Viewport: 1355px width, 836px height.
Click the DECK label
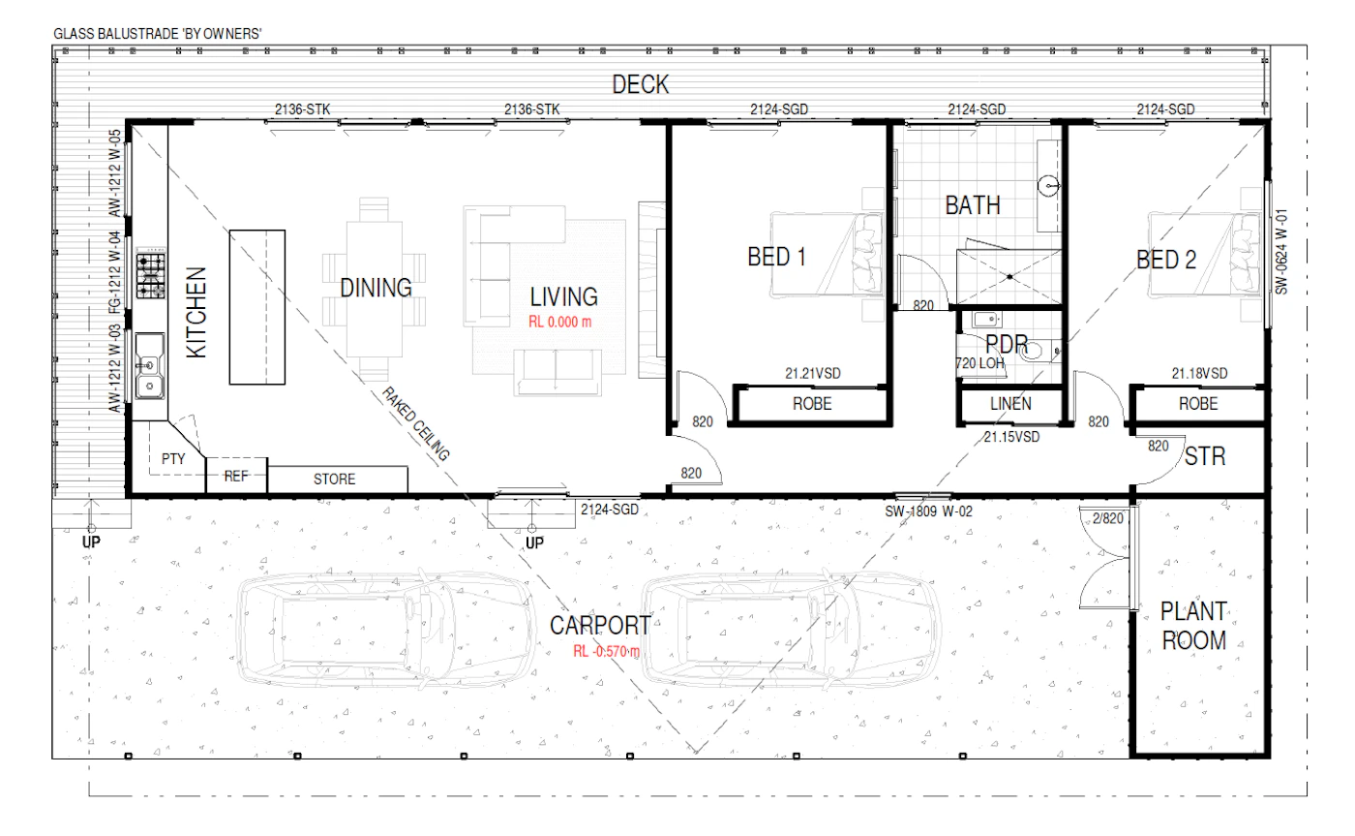coord(641,84)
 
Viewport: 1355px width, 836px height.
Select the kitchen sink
coord(149,366)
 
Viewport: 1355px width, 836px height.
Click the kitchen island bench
coord(257,307)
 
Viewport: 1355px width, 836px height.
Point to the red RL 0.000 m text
coord(560,322)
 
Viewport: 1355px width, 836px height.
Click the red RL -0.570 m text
coord(606,651)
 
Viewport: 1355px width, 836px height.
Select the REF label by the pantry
coord(236,477)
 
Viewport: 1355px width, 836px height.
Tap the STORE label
coord(334,480)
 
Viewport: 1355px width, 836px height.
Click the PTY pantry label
coord(173,459)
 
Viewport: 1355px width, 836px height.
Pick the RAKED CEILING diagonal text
coord(415,423)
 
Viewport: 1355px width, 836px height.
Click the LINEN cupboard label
coord(1010,404)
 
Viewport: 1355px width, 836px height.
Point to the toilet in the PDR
coord(1036,351)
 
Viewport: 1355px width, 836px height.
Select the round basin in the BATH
coord(1048,185)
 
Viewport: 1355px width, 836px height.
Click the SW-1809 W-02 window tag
coord(928,511)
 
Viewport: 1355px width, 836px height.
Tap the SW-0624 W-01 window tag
coord(1281,252)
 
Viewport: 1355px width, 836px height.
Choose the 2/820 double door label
coord(1107,519)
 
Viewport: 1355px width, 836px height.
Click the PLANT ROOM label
coord(1194,626)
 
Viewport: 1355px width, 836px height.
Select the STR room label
coord(1205,456)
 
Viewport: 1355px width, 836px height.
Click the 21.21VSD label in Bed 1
coord(813,374)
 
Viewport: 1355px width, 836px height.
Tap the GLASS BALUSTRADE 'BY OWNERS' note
coord(157,34)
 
